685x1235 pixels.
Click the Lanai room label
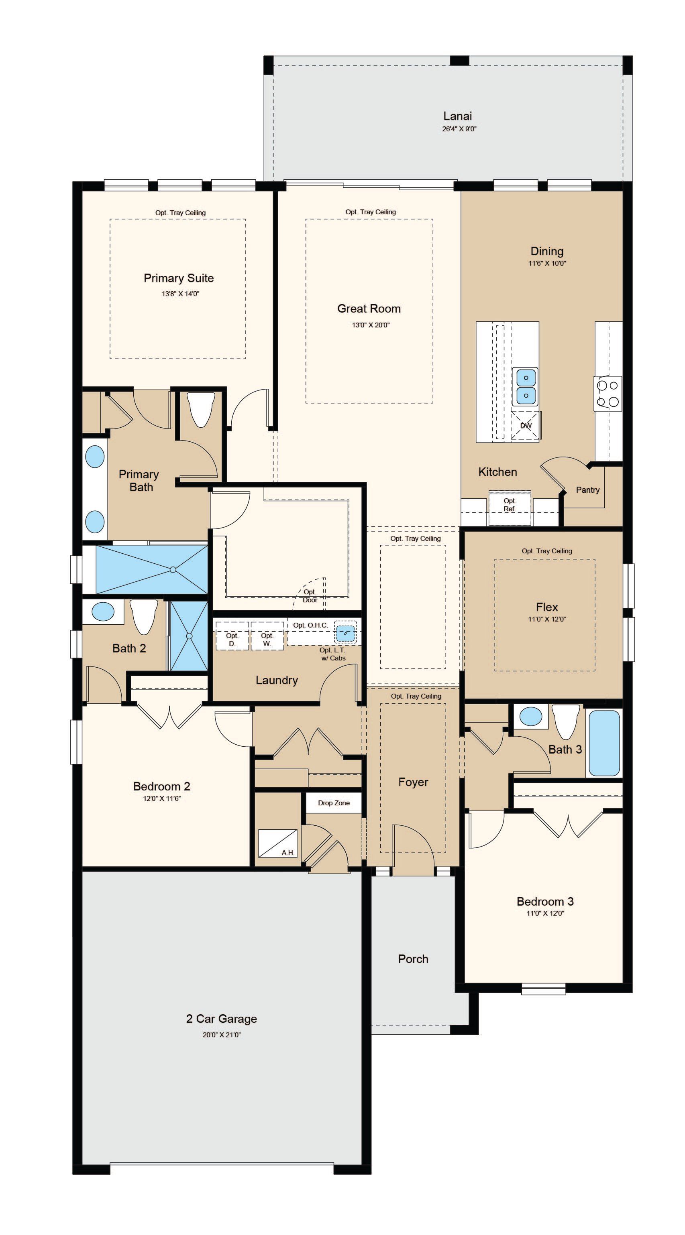pos(458,116)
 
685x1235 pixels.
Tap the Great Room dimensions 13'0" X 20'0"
pos(370,325)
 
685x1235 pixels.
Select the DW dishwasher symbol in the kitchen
pos(526,425)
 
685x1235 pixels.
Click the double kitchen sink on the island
pos(526,386)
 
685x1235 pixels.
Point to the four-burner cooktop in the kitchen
pos(608,394)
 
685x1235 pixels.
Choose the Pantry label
pos(587,490)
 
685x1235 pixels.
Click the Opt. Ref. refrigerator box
pos(510,508)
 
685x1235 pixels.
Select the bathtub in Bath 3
pos(604,743)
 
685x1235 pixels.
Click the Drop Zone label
pos(334,803)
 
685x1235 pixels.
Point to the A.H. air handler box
pos(278,843)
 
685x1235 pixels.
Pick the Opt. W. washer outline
pos(267,636)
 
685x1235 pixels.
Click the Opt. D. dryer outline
pos(232,636)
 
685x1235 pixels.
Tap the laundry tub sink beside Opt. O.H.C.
pos(345,633)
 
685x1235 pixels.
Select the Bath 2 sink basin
pos(103,612)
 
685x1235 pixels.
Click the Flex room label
pos(547,607)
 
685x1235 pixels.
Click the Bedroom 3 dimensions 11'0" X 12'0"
pos(545,913)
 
